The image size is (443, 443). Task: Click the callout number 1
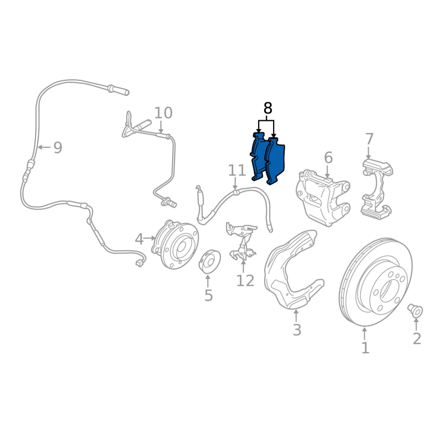[x=365, y=348]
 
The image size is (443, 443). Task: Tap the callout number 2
[x=417, y=339]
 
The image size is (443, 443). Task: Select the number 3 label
[x=297, y=329]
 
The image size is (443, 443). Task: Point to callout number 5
[x=208, y=296]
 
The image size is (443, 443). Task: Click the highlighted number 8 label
[x=267, y=108]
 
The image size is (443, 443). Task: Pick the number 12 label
[x=245, y=281]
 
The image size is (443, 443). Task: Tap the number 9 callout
[x=58, y=147]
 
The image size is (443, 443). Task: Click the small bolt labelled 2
[x=415, y=311]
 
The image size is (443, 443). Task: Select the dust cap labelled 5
[x=210, y=261]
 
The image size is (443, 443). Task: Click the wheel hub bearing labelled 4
[x=175, y=244]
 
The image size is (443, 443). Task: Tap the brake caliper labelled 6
[x=323, y=198]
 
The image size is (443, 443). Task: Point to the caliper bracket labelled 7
[x=377, y=189]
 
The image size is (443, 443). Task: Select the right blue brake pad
[x=275, y=161]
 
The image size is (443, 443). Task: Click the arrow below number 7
[x=368, y=153]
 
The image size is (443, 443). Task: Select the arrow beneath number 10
[x=161, y=127]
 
